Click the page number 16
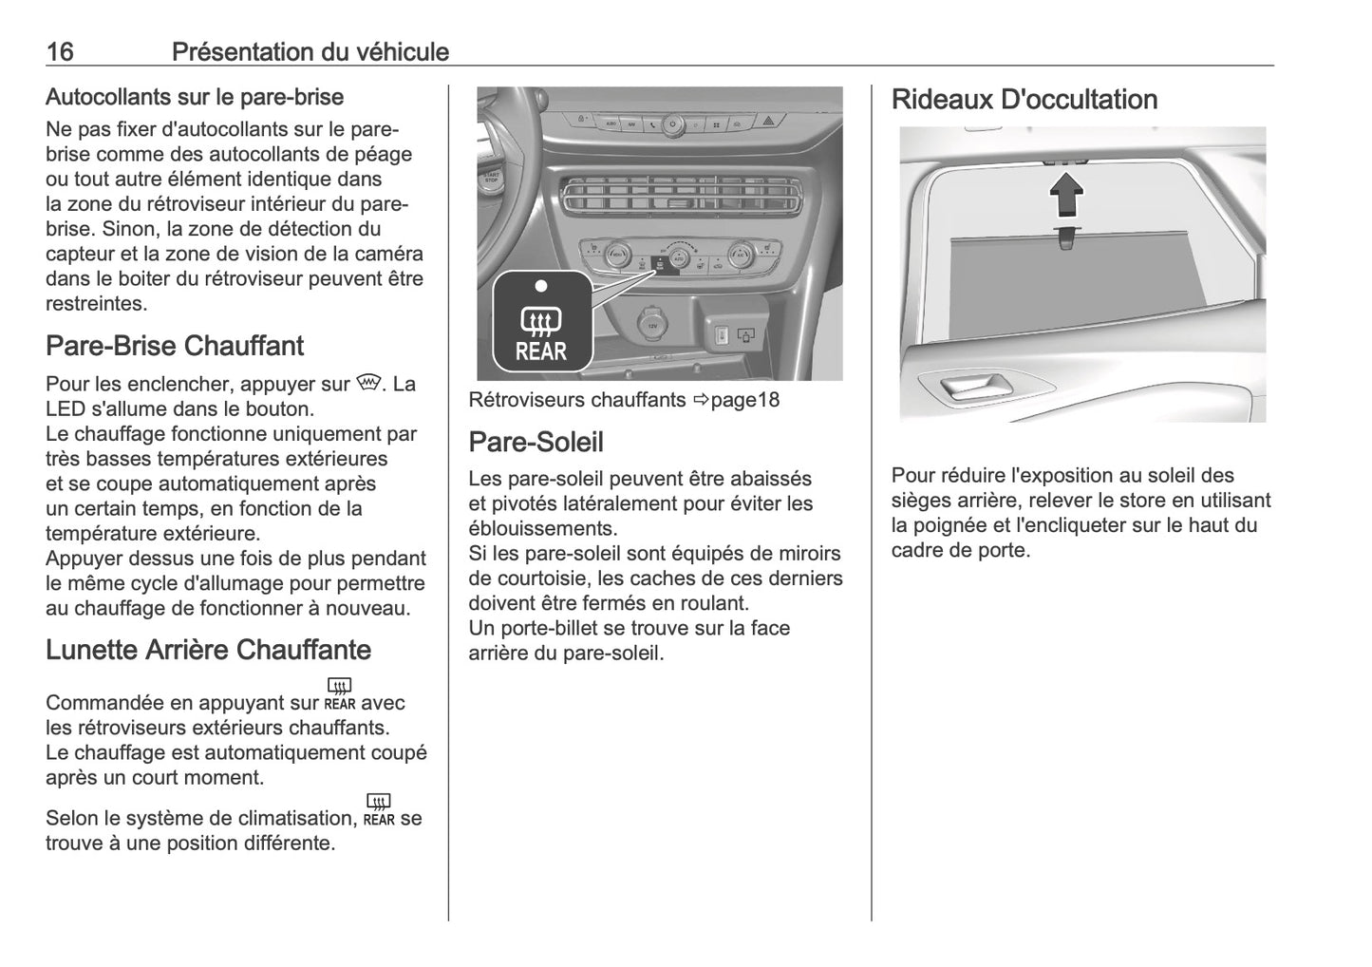click(x=60, y=51)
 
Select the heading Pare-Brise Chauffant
click(x=175, y=346)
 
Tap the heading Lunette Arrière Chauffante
click(x=208, y=650)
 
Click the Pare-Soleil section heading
click(x=536, y=442)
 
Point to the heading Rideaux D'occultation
click(x=1024, y=100)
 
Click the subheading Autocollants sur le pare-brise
click(x=195, y=97)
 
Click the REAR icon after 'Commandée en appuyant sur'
click(x=339, y=694)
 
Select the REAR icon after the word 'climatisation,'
click(x=378, y=810)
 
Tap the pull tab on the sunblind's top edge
click(x=1065, y=238)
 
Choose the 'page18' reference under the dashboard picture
click(x=744, y=400)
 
